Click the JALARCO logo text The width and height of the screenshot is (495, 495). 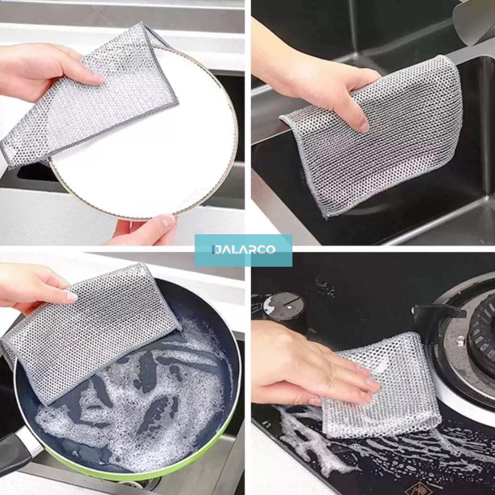point(244,250)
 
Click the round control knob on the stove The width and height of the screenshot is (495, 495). point(283,306)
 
